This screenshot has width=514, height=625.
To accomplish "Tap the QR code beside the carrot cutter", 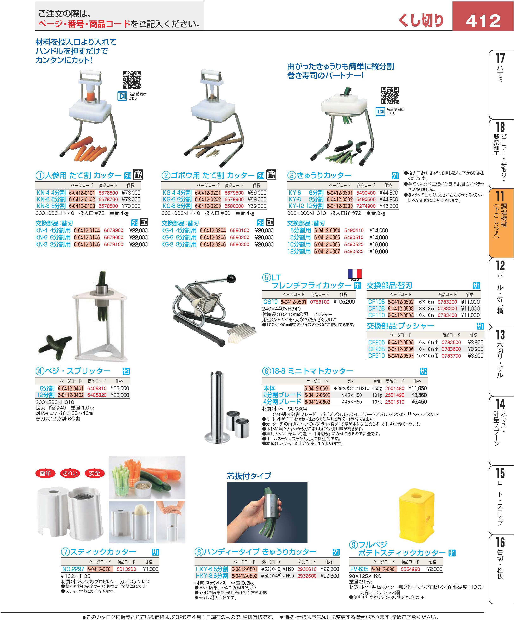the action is point(132,80).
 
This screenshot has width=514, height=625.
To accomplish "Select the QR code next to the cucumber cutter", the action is point(390,95).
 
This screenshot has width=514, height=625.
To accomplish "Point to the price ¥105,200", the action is point(344,302).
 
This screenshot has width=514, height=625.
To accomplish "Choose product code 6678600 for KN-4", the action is point(108,193).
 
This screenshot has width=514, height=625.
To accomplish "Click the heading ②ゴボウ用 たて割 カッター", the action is point(208,176).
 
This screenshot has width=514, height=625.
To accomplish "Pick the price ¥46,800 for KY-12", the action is point(389,206).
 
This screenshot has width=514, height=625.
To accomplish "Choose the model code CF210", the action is point(376,356).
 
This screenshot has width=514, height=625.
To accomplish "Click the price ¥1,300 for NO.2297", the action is point(151,569).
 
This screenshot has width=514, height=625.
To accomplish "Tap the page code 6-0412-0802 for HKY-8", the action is point(244,576).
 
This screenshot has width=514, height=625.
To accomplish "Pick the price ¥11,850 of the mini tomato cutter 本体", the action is point(418,388).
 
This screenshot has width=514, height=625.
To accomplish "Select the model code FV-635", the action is point(359,569).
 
